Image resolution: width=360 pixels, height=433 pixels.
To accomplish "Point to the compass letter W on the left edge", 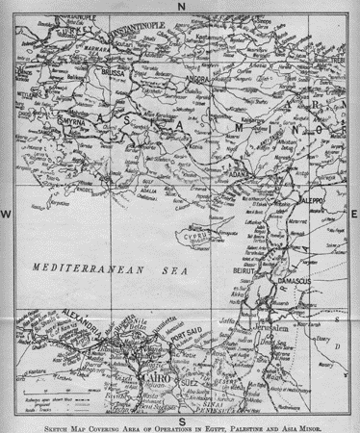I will click(x=7, y=213).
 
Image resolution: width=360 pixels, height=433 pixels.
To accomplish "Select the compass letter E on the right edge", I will click(x=353, y=213).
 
